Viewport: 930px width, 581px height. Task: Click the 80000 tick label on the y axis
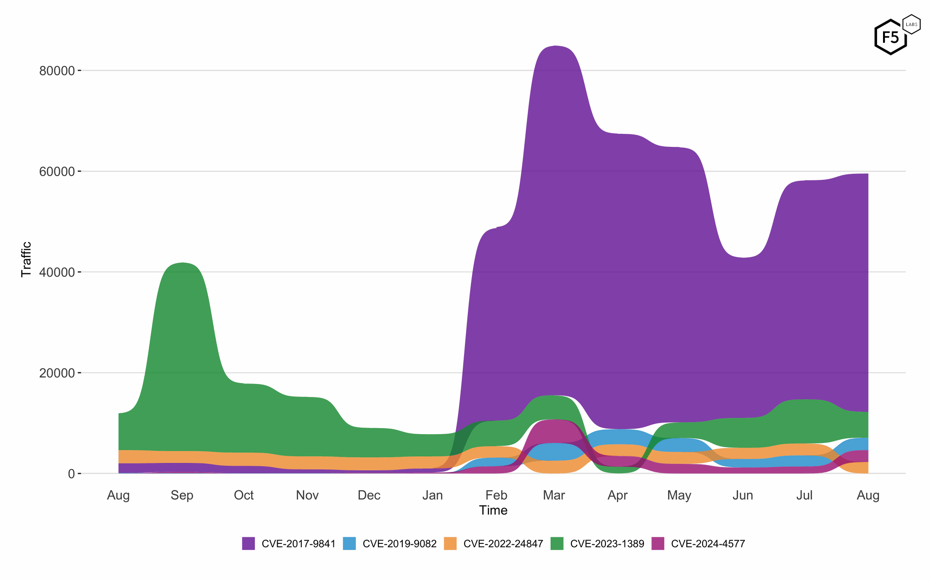tap(57, 71)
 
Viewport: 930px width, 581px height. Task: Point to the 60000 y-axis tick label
tap(57, 172)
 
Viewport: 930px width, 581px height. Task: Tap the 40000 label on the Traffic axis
tap(57, 272)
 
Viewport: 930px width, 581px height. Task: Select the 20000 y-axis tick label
tap(57, 373)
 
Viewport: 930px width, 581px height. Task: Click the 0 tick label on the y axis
tap(71, 474)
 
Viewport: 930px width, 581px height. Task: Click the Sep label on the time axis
tap(182, 495)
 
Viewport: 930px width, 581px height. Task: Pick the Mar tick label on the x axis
tap(554, 495)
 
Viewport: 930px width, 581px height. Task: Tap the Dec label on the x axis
tap(369, 495)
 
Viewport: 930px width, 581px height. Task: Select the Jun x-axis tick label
tap(743, 495)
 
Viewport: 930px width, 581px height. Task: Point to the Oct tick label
tap(244, 495)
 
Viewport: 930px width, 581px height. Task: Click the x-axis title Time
tap(493, 510)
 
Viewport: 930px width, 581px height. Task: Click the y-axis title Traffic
tap(27, 259)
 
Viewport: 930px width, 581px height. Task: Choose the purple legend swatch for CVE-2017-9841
tap(248, 543)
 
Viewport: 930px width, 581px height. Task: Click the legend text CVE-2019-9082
tap(399, 544)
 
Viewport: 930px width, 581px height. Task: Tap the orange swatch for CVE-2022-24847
tap(450, 543)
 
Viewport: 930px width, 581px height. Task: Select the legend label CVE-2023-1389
tap(607, 544)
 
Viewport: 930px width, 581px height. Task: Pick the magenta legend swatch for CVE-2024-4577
tap(658, 543)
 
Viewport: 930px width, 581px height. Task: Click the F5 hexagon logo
tap(890, 37)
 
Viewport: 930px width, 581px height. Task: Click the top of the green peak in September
tap(182, 263)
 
